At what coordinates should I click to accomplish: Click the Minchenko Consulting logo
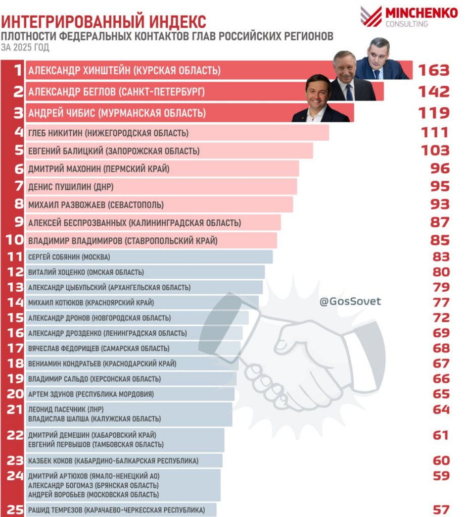click(409, 17)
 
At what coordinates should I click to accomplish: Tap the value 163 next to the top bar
click(434, 70)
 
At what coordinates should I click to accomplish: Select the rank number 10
click(15, 240)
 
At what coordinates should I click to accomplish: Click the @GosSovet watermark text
click(350, 301)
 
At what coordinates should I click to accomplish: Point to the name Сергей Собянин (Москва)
click(69, 257)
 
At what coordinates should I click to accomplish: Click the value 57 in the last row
click(441, 510)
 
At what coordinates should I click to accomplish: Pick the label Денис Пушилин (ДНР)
click(71, 187)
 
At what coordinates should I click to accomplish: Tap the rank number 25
click(15, 510)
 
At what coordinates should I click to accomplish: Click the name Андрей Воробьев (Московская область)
click(94, 495)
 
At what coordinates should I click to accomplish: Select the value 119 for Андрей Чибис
click(434, 113)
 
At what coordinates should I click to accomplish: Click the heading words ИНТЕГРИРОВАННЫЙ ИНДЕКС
click(104, 22)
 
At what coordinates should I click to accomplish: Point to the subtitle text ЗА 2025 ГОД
click(25, 47)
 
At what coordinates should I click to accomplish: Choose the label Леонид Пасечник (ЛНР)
click(66, 409)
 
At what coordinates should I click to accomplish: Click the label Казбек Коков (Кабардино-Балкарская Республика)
click(113, 460)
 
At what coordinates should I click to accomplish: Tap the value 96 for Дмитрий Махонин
click(440, 169)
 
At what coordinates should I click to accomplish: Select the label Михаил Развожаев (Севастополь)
click(96, 205)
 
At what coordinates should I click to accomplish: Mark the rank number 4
click(19, 132)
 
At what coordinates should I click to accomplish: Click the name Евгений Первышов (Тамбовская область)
click(96, 444)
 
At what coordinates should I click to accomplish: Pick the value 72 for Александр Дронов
click(441, 318)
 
